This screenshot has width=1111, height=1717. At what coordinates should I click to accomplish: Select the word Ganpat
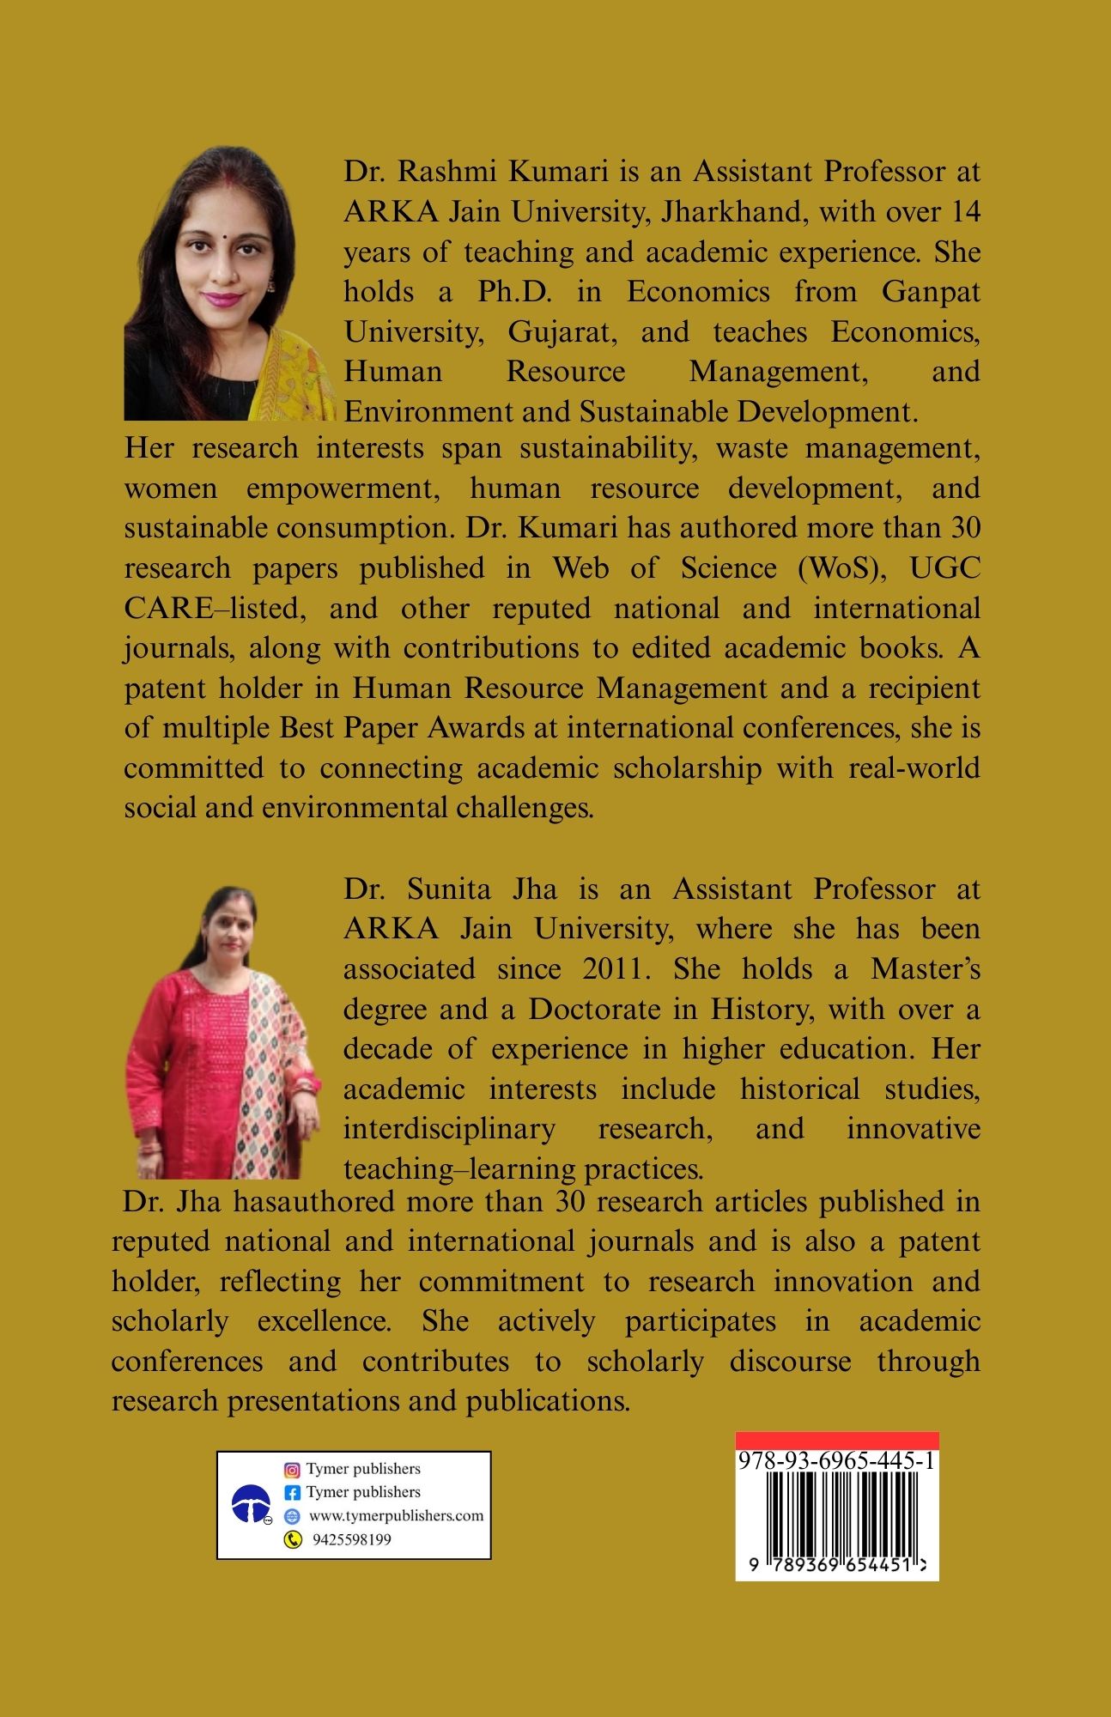[930, 292]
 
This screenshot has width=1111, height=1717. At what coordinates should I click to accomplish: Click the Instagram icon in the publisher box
[292, 1470]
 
